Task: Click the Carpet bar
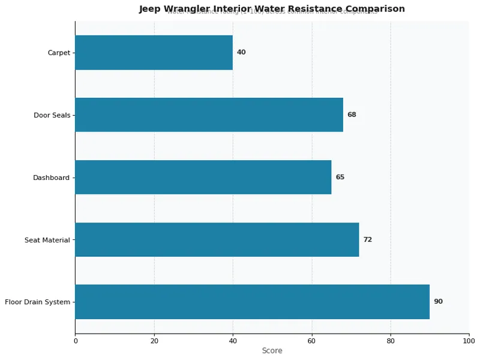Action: click(x=154, y=52)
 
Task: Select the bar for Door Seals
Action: click(x=209, y=115)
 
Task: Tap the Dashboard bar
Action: click(x=203, y=177)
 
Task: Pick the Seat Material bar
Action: click(x=217, y=239)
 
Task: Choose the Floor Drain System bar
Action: click(x=252, y=302)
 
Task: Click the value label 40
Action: click(x=241, y=52)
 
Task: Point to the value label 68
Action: click(x=352, y=115)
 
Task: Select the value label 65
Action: click(x=340, y=177)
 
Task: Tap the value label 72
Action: click(x=367, y=239)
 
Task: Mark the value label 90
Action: click(x=438, y=302)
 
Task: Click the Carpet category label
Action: click(x=58, y=53)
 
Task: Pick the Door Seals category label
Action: click(x=52, y=115)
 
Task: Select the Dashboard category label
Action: click(x=51, y=178)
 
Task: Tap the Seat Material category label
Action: click(x=47, y=240)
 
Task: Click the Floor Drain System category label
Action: click(x=37, y=302)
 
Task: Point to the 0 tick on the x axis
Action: click(x=75, y=341)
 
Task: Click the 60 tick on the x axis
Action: click(x=311, y=341)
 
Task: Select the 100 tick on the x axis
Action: click(x=469, y=341)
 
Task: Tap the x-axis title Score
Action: click(x=272, y=351)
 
